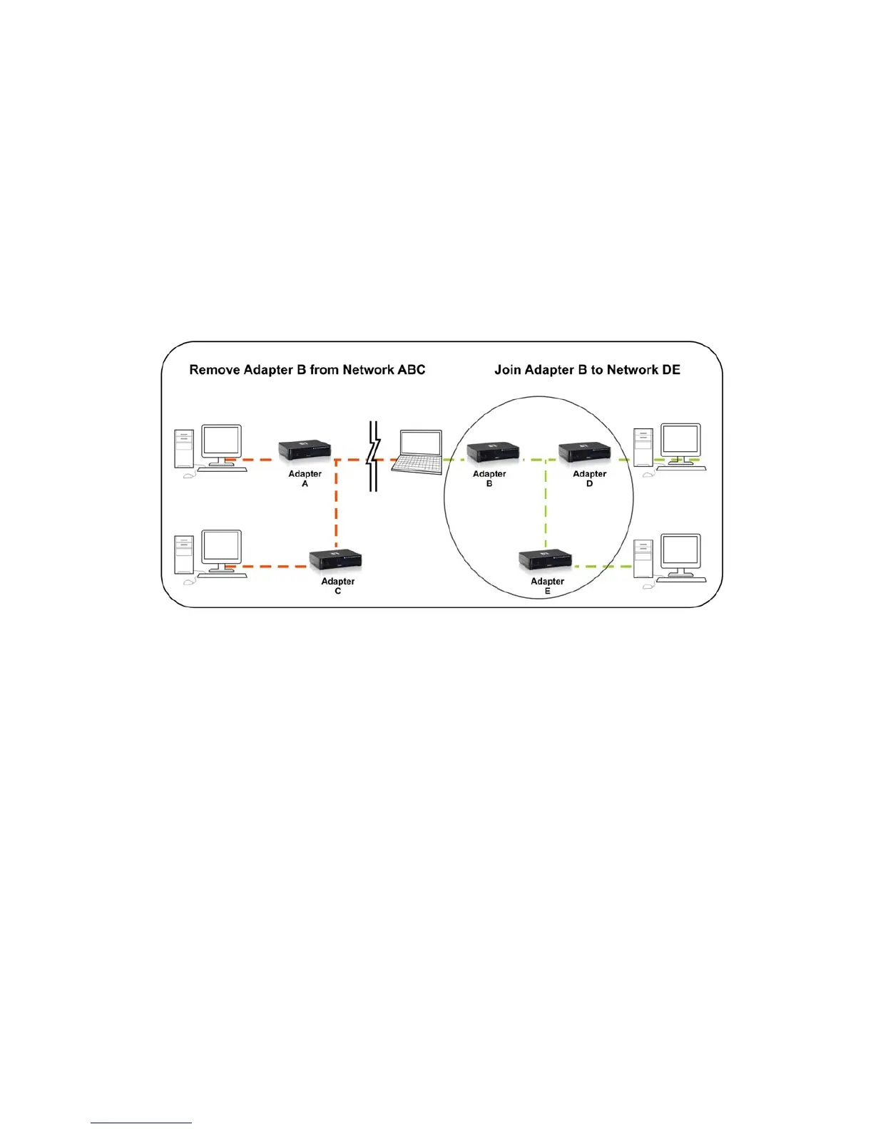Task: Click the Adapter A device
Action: [305, 450]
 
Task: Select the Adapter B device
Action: [493, 452]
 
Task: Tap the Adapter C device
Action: [335, 560]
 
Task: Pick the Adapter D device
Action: [584, 452]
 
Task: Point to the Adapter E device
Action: [545, 560]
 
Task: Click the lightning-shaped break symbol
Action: [372, 456]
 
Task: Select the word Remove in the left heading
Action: [214, 370]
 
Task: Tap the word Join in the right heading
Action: [507, 370]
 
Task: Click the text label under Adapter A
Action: [305, 479]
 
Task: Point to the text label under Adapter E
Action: [547, 586]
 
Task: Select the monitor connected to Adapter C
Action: [221, 549]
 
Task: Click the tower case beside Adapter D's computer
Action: [643, 448]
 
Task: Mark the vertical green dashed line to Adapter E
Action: [546, 506]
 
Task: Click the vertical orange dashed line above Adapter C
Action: [336, 506]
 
